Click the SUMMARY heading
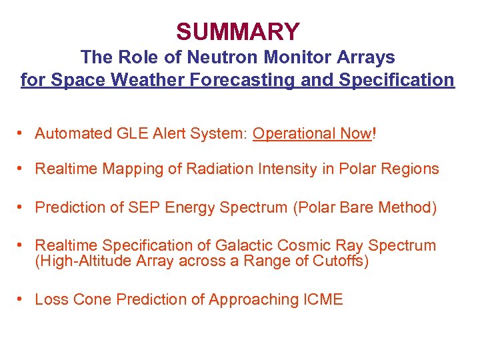pos(238,31)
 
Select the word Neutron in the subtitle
pos(199,57)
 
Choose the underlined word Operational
pos(293,133)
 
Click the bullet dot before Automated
pos(23,133)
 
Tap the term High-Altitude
pos(83,261)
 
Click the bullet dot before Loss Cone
pos(23,299)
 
